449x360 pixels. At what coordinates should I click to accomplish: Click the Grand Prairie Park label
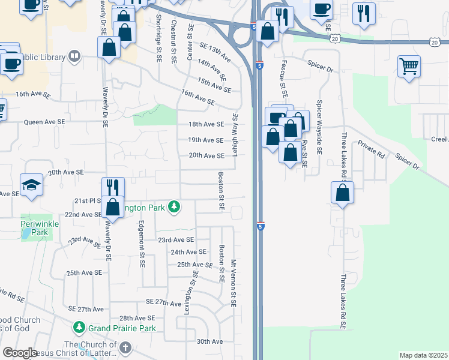[x=122, y=328]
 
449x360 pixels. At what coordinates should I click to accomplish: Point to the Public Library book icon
[x=74, y=56]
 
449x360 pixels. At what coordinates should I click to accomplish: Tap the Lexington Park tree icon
[x=174, y=207]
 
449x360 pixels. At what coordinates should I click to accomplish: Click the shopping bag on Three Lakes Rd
[x=342, y=193]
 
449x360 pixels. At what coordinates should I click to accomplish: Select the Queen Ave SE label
[x=44, y=122]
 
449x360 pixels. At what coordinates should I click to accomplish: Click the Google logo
[x=20, y=353]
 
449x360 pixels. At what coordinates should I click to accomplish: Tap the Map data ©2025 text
[x=423, y=355]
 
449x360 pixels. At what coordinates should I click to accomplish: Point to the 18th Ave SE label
[x=206, y=124]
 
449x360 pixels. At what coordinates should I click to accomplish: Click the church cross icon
[x=125, y=347]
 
